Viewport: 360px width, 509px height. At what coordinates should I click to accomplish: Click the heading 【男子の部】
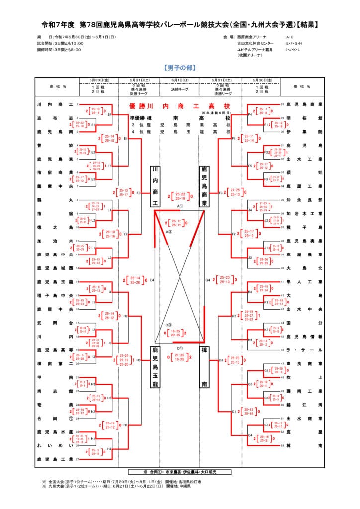point(180,67)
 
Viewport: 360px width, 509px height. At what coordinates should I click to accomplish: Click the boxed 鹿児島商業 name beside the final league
point(204,186)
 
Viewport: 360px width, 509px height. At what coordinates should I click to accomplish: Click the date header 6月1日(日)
point(180,80)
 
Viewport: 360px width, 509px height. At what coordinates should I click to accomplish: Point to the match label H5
point(109,398)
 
